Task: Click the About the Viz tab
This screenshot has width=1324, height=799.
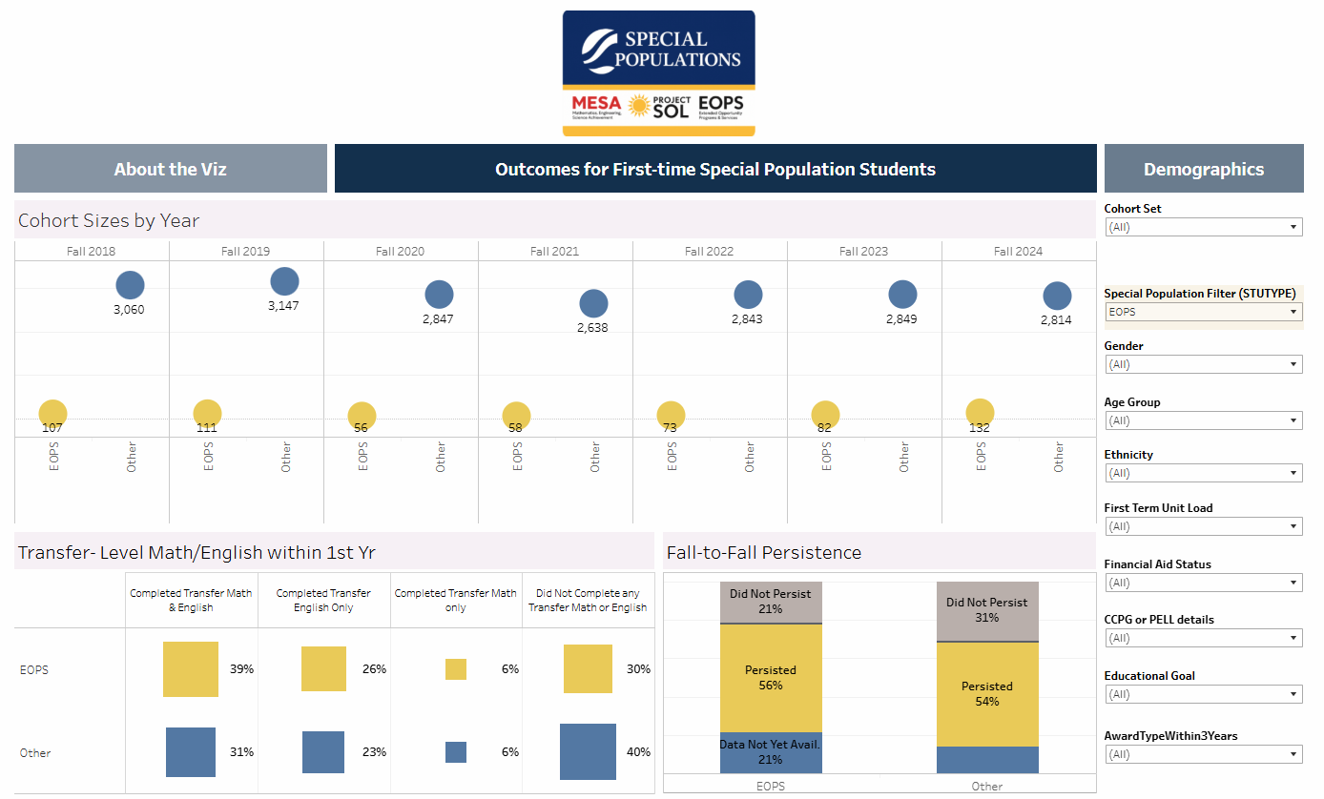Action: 170,169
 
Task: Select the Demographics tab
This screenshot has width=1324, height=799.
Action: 1203,169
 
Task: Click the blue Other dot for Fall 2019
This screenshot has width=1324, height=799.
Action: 284,281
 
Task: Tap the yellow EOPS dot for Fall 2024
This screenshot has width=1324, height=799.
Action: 980,412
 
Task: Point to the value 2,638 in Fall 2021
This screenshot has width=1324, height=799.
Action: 592,328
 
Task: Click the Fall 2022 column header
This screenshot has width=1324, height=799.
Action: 709,252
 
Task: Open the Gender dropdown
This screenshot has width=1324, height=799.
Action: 1203,364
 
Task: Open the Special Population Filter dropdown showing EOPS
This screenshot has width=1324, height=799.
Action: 1203,312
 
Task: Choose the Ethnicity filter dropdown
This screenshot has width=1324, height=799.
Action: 1203,473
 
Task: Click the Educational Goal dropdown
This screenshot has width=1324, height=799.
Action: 1203,694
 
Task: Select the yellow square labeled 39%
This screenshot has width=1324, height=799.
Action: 191,669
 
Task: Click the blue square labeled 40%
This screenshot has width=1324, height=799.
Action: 588,752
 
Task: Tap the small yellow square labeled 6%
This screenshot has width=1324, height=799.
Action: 456,669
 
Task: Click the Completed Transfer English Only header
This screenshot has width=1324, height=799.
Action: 323,600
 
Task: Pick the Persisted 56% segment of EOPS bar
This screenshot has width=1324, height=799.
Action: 771,678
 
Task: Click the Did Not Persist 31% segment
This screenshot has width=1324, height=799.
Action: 987,610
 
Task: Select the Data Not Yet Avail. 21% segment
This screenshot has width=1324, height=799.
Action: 771,752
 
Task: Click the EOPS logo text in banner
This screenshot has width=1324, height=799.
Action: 720,105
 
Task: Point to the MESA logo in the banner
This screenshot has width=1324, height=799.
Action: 596,105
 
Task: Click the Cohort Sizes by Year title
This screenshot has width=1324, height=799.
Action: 109,220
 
